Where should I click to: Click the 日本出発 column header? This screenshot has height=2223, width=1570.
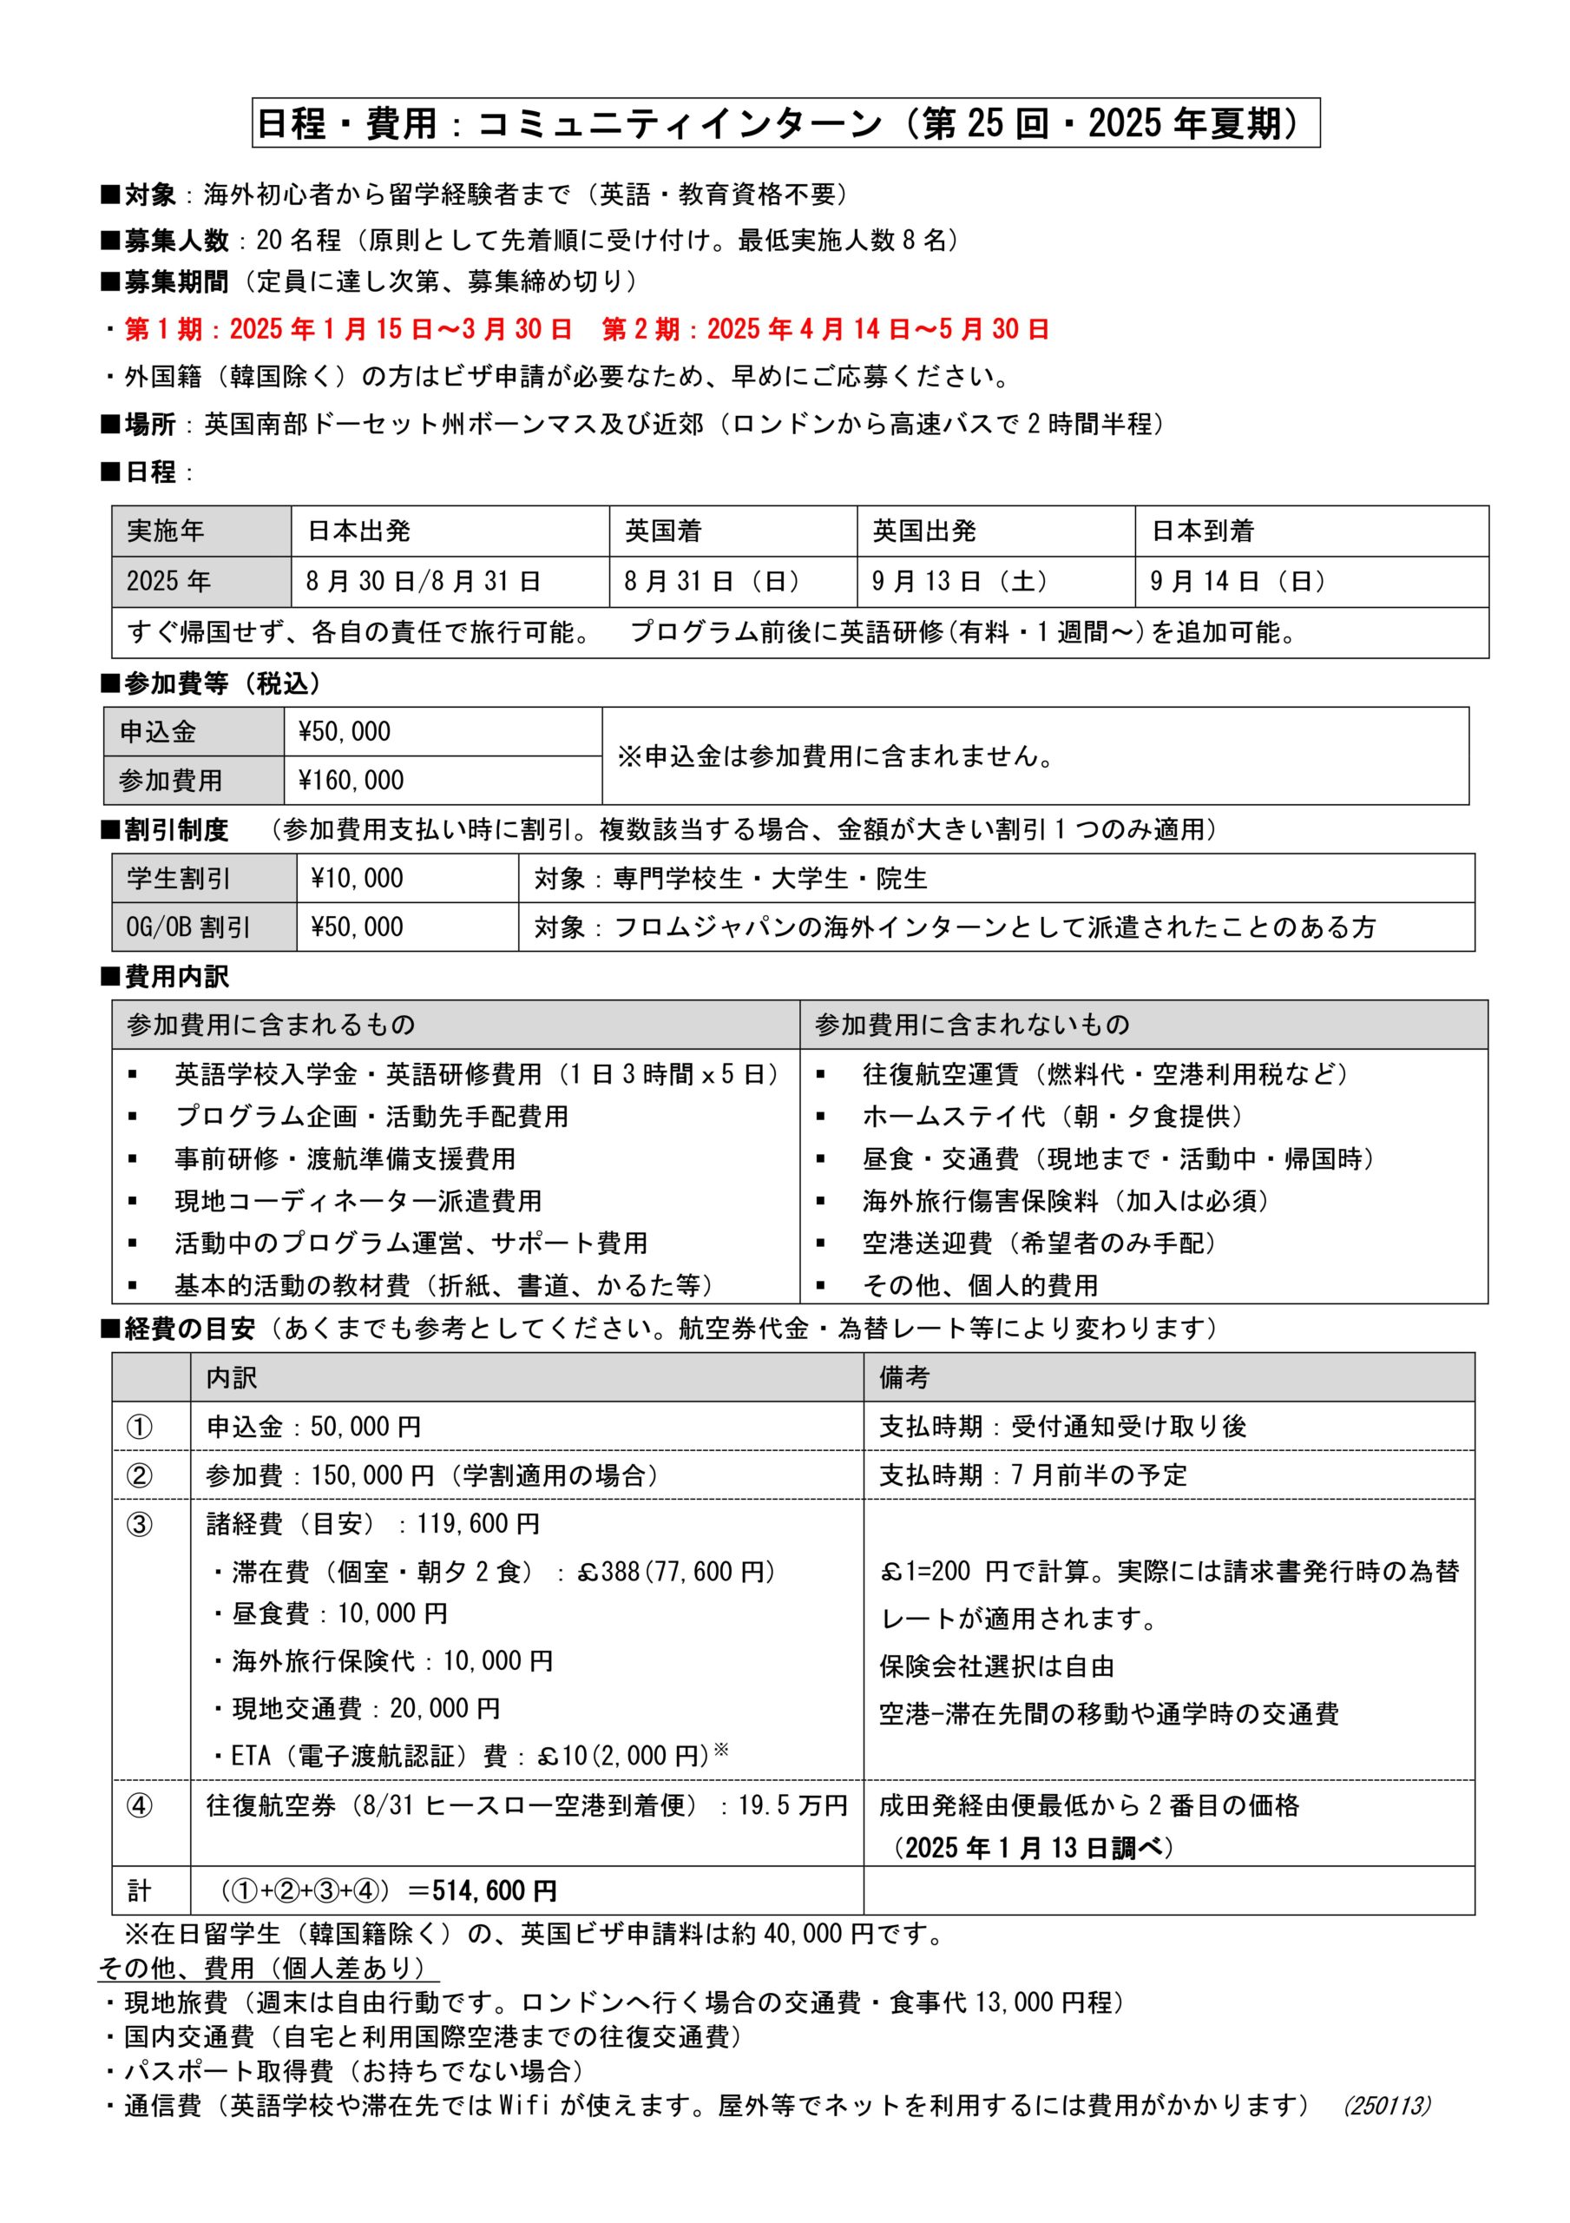pos(359,531)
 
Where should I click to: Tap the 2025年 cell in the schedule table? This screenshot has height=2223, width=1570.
pos(168,581)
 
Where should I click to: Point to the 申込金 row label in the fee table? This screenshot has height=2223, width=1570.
pos(158,732)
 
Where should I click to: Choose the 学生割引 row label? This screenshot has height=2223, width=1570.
pos(178,878)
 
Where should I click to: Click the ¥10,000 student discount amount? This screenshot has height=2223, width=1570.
pos(358,878)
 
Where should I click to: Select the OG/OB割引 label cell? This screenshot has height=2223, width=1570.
pos(187,927)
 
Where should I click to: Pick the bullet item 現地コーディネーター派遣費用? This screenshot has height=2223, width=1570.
pos(358,1201)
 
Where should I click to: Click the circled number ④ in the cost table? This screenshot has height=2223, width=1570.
pos(141,1805)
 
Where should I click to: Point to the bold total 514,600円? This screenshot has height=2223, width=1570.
pos(495,1891)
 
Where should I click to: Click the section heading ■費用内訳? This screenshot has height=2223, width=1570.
pos(166,977)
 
